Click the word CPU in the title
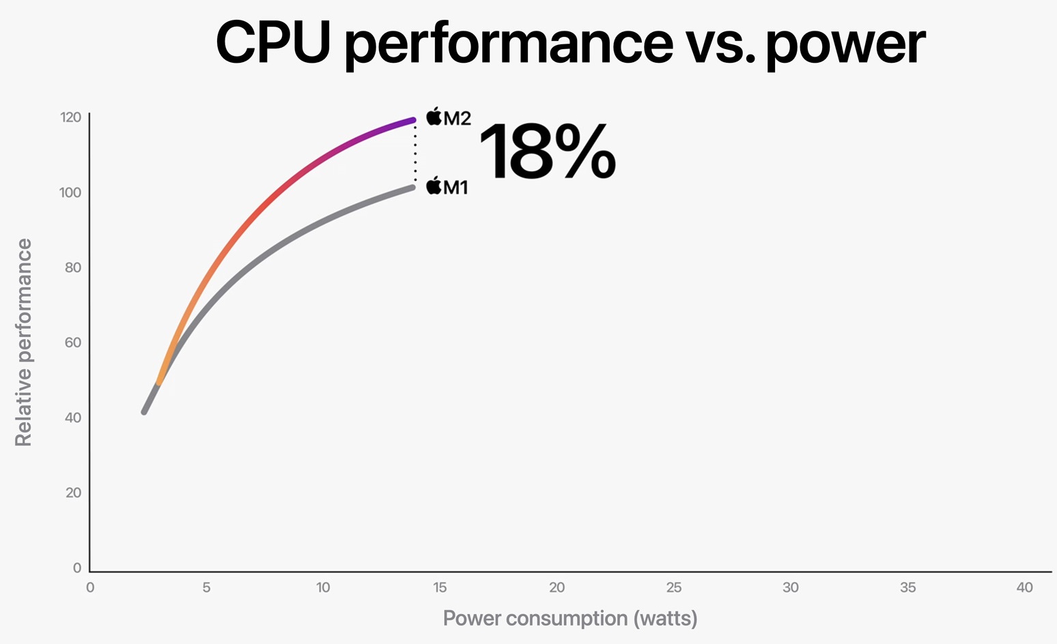[x=273, y=42]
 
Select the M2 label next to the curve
[x=457, y=118]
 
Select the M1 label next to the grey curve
[x=456, y=186]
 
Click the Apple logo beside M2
[x=434, y=117]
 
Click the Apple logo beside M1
[x=434, y=185]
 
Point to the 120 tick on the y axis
[x=71, y=117]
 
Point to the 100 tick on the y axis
[x=70, y=192]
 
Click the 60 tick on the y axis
[x=73, y=342]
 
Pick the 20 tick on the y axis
[x=73, y=493]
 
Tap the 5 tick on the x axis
[x=206, y=587]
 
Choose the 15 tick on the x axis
[x=440, y=587]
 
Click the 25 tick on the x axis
[x=674, y=587]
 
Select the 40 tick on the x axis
[x=1024, y=587]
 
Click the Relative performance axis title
[x=23, y=342]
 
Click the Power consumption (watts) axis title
[x=570, y=618]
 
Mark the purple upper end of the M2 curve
[x=412, y=121]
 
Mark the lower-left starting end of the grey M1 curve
[x=145, y=411]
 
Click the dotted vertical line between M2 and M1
[x=415, y=153]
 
